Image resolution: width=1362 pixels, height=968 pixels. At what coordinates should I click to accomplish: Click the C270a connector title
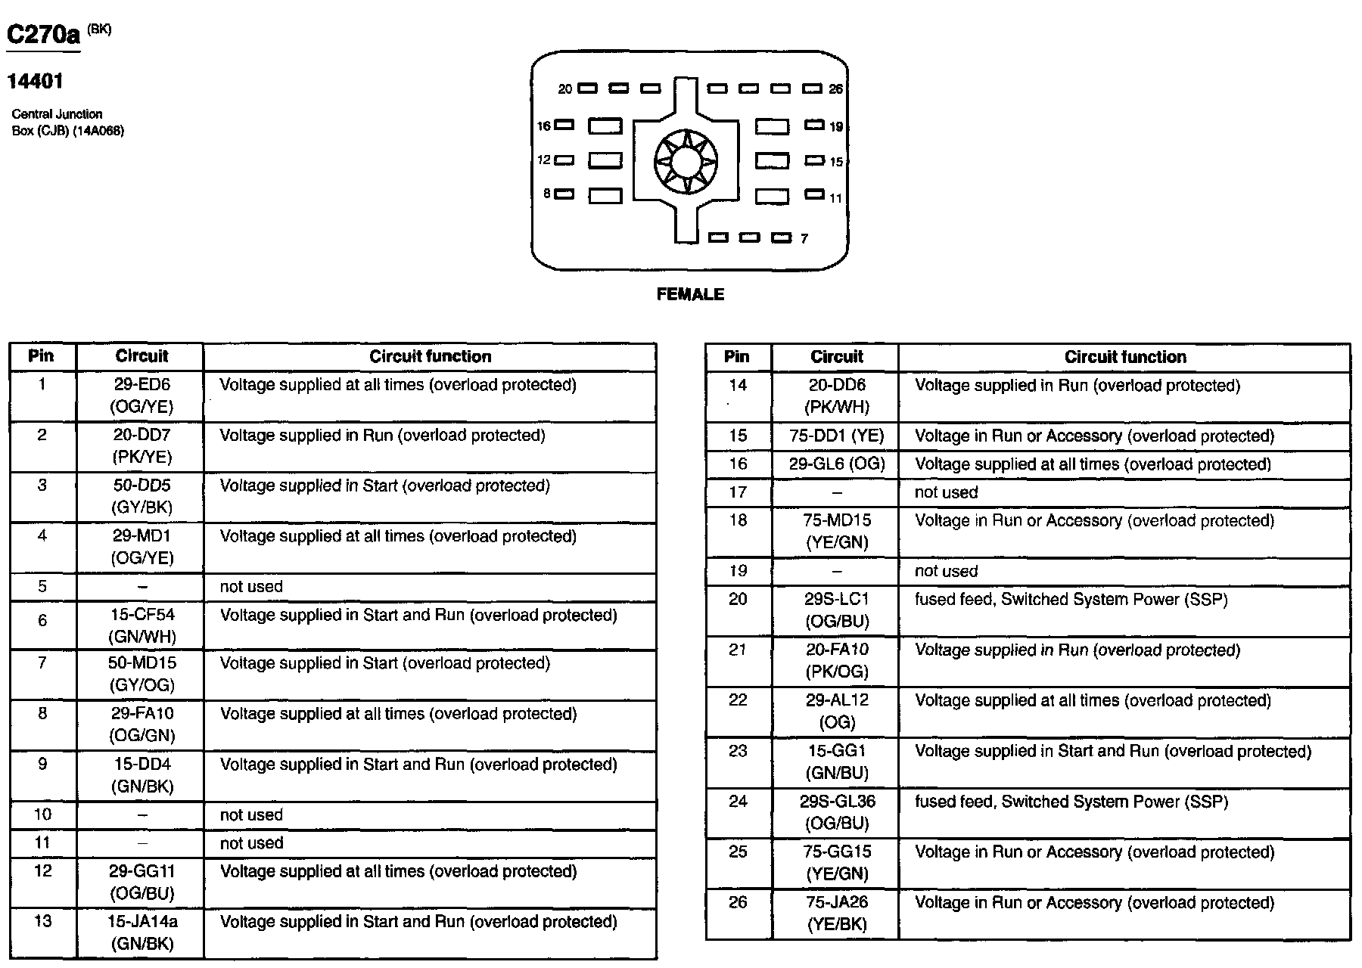tap(44, 36)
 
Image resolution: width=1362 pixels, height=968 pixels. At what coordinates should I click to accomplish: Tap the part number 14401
tap(35, 81)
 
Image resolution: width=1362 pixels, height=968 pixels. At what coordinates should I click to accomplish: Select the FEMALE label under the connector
tap(690, 295)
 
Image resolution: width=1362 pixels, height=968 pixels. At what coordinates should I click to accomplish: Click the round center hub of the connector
tap(686, 161)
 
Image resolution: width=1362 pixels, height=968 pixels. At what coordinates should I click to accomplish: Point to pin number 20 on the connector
tap(565, 89)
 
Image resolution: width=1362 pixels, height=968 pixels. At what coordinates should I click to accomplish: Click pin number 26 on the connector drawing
tap(835, 89)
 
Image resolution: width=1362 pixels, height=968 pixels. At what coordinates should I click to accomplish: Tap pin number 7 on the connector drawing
tap(804, 239)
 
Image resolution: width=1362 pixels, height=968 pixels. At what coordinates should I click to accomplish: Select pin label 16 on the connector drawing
tap(543, 126)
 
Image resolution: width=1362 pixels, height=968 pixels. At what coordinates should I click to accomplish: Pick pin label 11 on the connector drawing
tap(835, 199)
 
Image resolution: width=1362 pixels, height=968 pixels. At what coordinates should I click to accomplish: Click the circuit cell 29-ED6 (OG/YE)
tap(141, 396)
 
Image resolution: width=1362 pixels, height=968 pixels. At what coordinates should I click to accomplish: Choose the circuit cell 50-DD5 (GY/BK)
tap(141, 496)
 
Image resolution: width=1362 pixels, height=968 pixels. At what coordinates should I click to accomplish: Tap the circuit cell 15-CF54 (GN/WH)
tap(141, 625)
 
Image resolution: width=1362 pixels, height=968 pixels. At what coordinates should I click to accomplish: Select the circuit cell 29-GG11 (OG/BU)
tap(141, 882)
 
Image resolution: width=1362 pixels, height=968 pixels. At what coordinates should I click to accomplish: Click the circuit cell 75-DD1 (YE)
tap(836, 436)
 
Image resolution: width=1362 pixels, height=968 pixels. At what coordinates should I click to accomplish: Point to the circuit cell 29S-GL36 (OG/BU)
tap(837, 812)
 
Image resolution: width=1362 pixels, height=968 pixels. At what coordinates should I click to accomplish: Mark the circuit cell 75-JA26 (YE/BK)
tap(837, 913)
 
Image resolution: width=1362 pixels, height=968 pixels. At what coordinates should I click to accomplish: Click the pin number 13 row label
tap(43, 921)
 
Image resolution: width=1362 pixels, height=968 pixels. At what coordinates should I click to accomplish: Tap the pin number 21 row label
tap(738, 650)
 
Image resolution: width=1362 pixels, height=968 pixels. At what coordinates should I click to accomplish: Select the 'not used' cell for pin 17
tap(946, 493)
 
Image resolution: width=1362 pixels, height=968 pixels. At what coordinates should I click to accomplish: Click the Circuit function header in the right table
tap(1125, 357)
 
